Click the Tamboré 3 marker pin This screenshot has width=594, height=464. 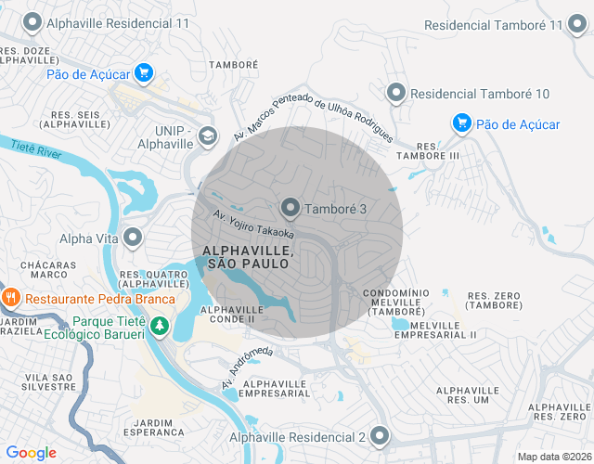(291, 209)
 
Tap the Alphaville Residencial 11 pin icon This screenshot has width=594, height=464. (33, 21)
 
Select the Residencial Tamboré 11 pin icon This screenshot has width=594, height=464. (581, 25)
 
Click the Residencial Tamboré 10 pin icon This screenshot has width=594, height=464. (396, 93)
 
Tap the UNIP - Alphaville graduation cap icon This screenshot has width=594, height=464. (206, 136)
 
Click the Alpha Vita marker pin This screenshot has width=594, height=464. (133, 238)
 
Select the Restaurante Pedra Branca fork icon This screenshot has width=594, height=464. (12, 299)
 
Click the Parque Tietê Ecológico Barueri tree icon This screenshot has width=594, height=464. (161, 326)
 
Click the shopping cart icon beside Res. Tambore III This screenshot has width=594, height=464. (461, 123)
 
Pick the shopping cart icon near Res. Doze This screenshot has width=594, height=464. (143, 72)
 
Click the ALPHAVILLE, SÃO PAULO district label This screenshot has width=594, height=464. (249, 258)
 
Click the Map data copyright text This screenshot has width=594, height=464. (553, 457)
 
